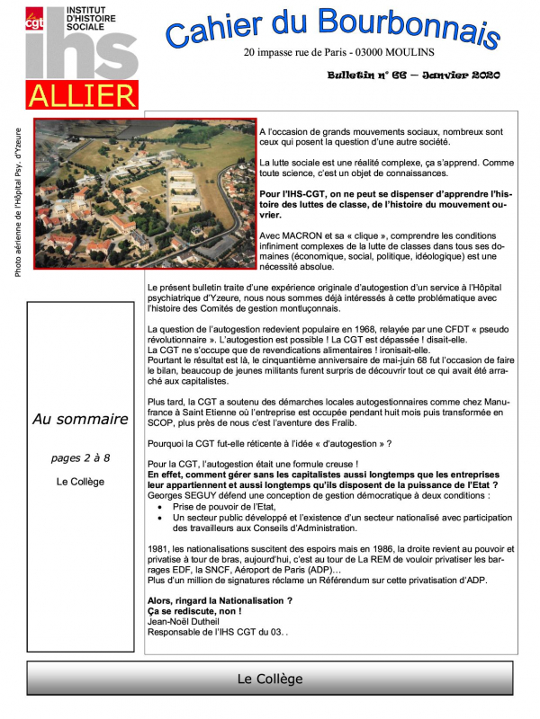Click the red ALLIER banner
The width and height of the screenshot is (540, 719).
pos(81,95)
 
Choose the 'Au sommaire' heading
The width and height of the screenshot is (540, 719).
pos(80,419)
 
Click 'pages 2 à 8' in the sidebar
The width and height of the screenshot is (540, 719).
pos(81,457)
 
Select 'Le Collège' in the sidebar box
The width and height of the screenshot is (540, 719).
pos(80,482)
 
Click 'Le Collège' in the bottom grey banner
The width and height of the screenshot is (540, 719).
pos(270,679)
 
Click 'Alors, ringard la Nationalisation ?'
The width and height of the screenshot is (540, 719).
pos(220,599)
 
